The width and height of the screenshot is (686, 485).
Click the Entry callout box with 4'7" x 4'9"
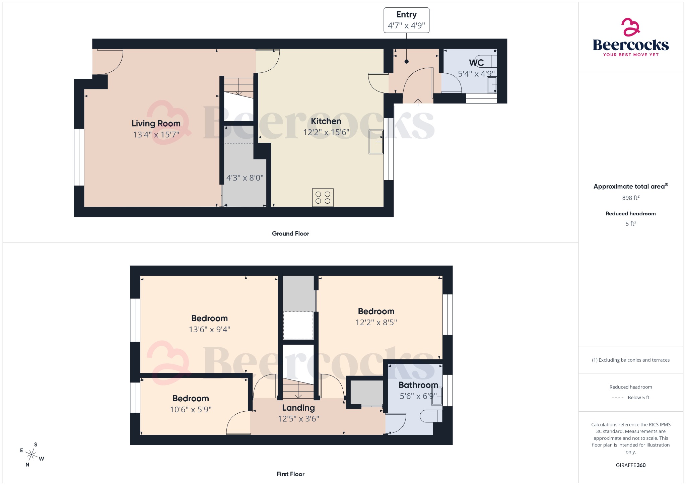click(406, 20)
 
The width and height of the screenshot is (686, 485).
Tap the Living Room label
click(156, 124)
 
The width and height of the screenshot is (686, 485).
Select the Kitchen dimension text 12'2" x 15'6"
click(326, 133)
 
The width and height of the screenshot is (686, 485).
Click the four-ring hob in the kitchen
click(323, 198)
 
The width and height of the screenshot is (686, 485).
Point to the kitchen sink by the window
click(376, 142)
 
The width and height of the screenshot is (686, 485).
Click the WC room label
click(476, 63)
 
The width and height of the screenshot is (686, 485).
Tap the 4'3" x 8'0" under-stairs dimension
click(245, 178)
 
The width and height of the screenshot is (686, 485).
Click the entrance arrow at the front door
click(418, 102)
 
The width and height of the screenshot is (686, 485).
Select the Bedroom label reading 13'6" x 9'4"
click(209, 318)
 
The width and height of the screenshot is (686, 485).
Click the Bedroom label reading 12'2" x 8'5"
click(376, 311)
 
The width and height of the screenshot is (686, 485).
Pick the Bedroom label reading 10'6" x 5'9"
click(191, 399)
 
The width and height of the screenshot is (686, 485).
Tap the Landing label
click(298, 408)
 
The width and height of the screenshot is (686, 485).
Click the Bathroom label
click(418, 385)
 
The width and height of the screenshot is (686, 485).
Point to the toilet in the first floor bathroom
click(430, 416)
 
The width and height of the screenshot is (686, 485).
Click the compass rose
click(32, 455)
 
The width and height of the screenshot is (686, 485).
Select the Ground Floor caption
click(290, 234)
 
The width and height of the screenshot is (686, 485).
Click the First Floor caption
click(290, 474)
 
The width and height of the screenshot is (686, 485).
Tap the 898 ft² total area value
click(630, 198)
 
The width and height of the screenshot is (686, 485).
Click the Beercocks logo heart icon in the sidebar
click(630, 27)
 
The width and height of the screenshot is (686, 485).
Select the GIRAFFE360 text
click(630, 465)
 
